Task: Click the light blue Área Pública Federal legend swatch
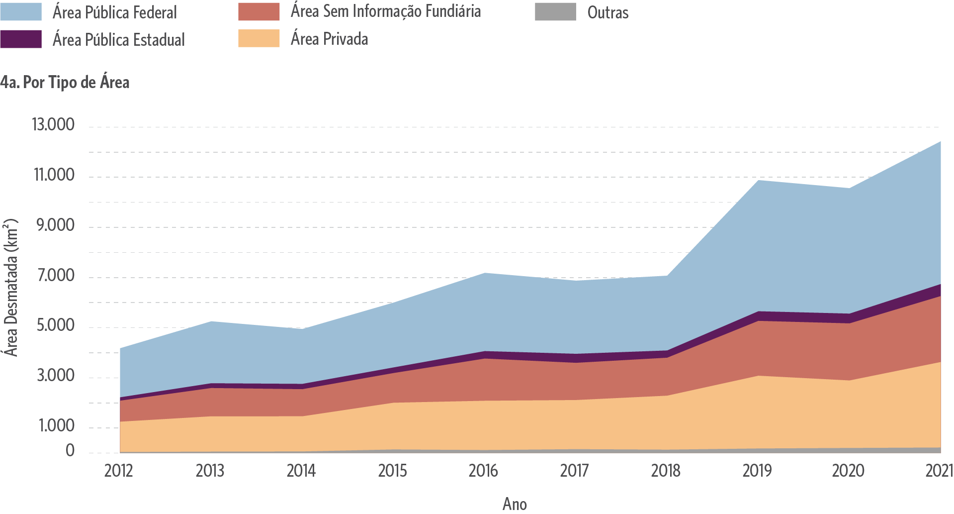click(x=21, y=11)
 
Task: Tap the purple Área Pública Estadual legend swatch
click(x=21, y=39)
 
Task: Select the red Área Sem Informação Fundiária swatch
click(x=259, y=11)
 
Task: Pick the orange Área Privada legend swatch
click(x=259, y=38)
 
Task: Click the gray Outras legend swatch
click(x=555, y=11)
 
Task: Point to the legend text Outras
click(x=607, y=12)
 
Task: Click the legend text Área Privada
click(x=329, y=39)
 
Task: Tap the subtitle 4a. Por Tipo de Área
click(x=65, y=82)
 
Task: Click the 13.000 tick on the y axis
click(x=53, y=124)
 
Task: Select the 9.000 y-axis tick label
click(x=54, y=225)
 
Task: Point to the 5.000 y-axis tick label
click(x=54, y=325)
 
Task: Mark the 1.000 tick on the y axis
click(x=55, y=426)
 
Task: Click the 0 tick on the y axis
click(x=70, y=451)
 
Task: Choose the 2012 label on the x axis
click(x=118, y=471)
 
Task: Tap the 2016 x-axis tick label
click(x=483, y=471)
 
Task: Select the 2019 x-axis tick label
click(x=757, y=471)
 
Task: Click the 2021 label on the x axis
click(x=939, y=471)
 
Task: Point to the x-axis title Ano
click(x=515, y=504)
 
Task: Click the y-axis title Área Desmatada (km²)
click(x=11, y=288)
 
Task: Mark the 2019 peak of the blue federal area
click(x=757, y=180)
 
